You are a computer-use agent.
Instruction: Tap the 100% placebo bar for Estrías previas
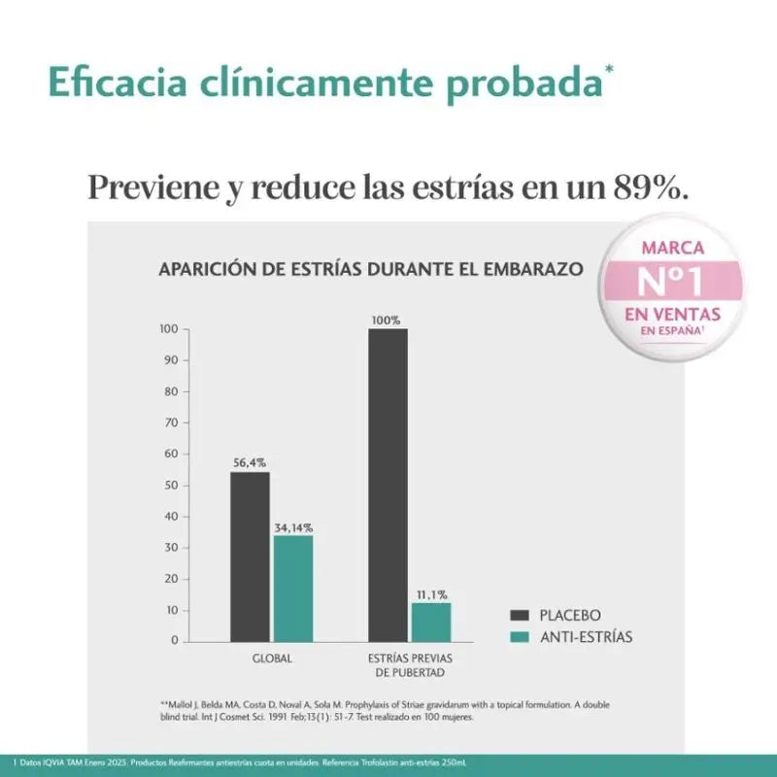pos(388,486)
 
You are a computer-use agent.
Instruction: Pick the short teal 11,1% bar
pos(431,623)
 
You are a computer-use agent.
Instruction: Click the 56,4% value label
pos(250,463)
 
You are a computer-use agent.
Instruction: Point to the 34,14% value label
pos(292,527)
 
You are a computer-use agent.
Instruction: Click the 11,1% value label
pos(431,594)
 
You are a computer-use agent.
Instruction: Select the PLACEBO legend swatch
pos(520,615)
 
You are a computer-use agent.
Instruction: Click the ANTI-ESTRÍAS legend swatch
pos(520,637)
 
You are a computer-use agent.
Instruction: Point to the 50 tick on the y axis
pos(171,485)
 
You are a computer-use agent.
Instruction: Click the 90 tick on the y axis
pos(171,360)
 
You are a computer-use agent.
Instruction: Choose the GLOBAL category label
pos(271,659)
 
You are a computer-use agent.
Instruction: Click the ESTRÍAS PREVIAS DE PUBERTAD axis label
pos(410,665)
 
